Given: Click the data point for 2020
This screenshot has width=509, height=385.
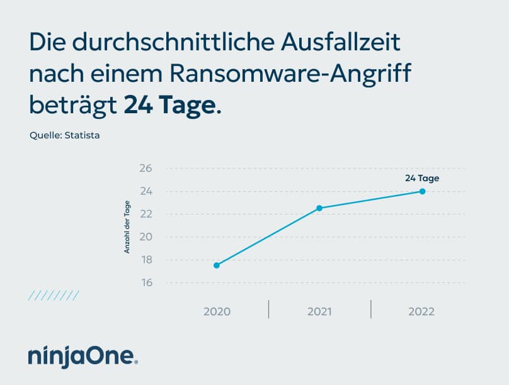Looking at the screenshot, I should [x=217, y=265].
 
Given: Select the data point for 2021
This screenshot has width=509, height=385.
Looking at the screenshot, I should [x=319, y=208].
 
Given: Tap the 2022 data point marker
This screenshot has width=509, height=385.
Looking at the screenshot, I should [x=422, y=191].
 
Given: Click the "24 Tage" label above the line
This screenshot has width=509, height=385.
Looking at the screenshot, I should [x=421, y=178].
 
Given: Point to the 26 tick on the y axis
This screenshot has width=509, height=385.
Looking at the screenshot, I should [x=146, y=169].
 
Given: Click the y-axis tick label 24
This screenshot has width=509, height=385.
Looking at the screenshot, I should [x=146, y=191].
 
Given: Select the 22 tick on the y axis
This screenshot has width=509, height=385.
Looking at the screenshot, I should [x=146, y=215].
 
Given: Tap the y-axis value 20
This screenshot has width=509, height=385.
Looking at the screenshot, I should [x=146, y=237].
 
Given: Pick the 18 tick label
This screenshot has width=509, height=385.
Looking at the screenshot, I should [x=146, y=260].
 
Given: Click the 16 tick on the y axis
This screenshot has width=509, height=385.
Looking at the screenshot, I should [x=146, y=283].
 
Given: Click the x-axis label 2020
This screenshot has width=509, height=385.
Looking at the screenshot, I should [x=217, y=311].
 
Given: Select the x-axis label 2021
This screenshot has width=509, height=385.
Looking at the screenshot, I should [x=319, y=311].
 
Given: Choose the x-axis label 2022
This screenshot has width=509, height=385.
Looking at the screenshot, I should [x=421, y=311].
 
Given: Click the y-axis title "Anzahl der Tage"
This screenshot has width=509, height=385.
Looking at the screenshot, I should [x=127, y=226].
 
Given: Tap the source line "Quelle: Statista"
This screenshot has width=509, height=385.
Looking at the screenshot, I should [x=64, y=135].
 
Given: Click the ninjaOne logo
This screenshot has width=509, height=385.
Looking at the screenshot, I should [x=83, y=355].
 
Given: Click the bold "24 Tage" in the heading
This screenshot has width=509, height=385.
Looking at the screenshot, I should [x=169, y=104].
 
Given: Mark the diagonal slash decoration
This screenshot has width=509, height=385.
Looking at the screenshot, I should [x=54, y=296].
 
